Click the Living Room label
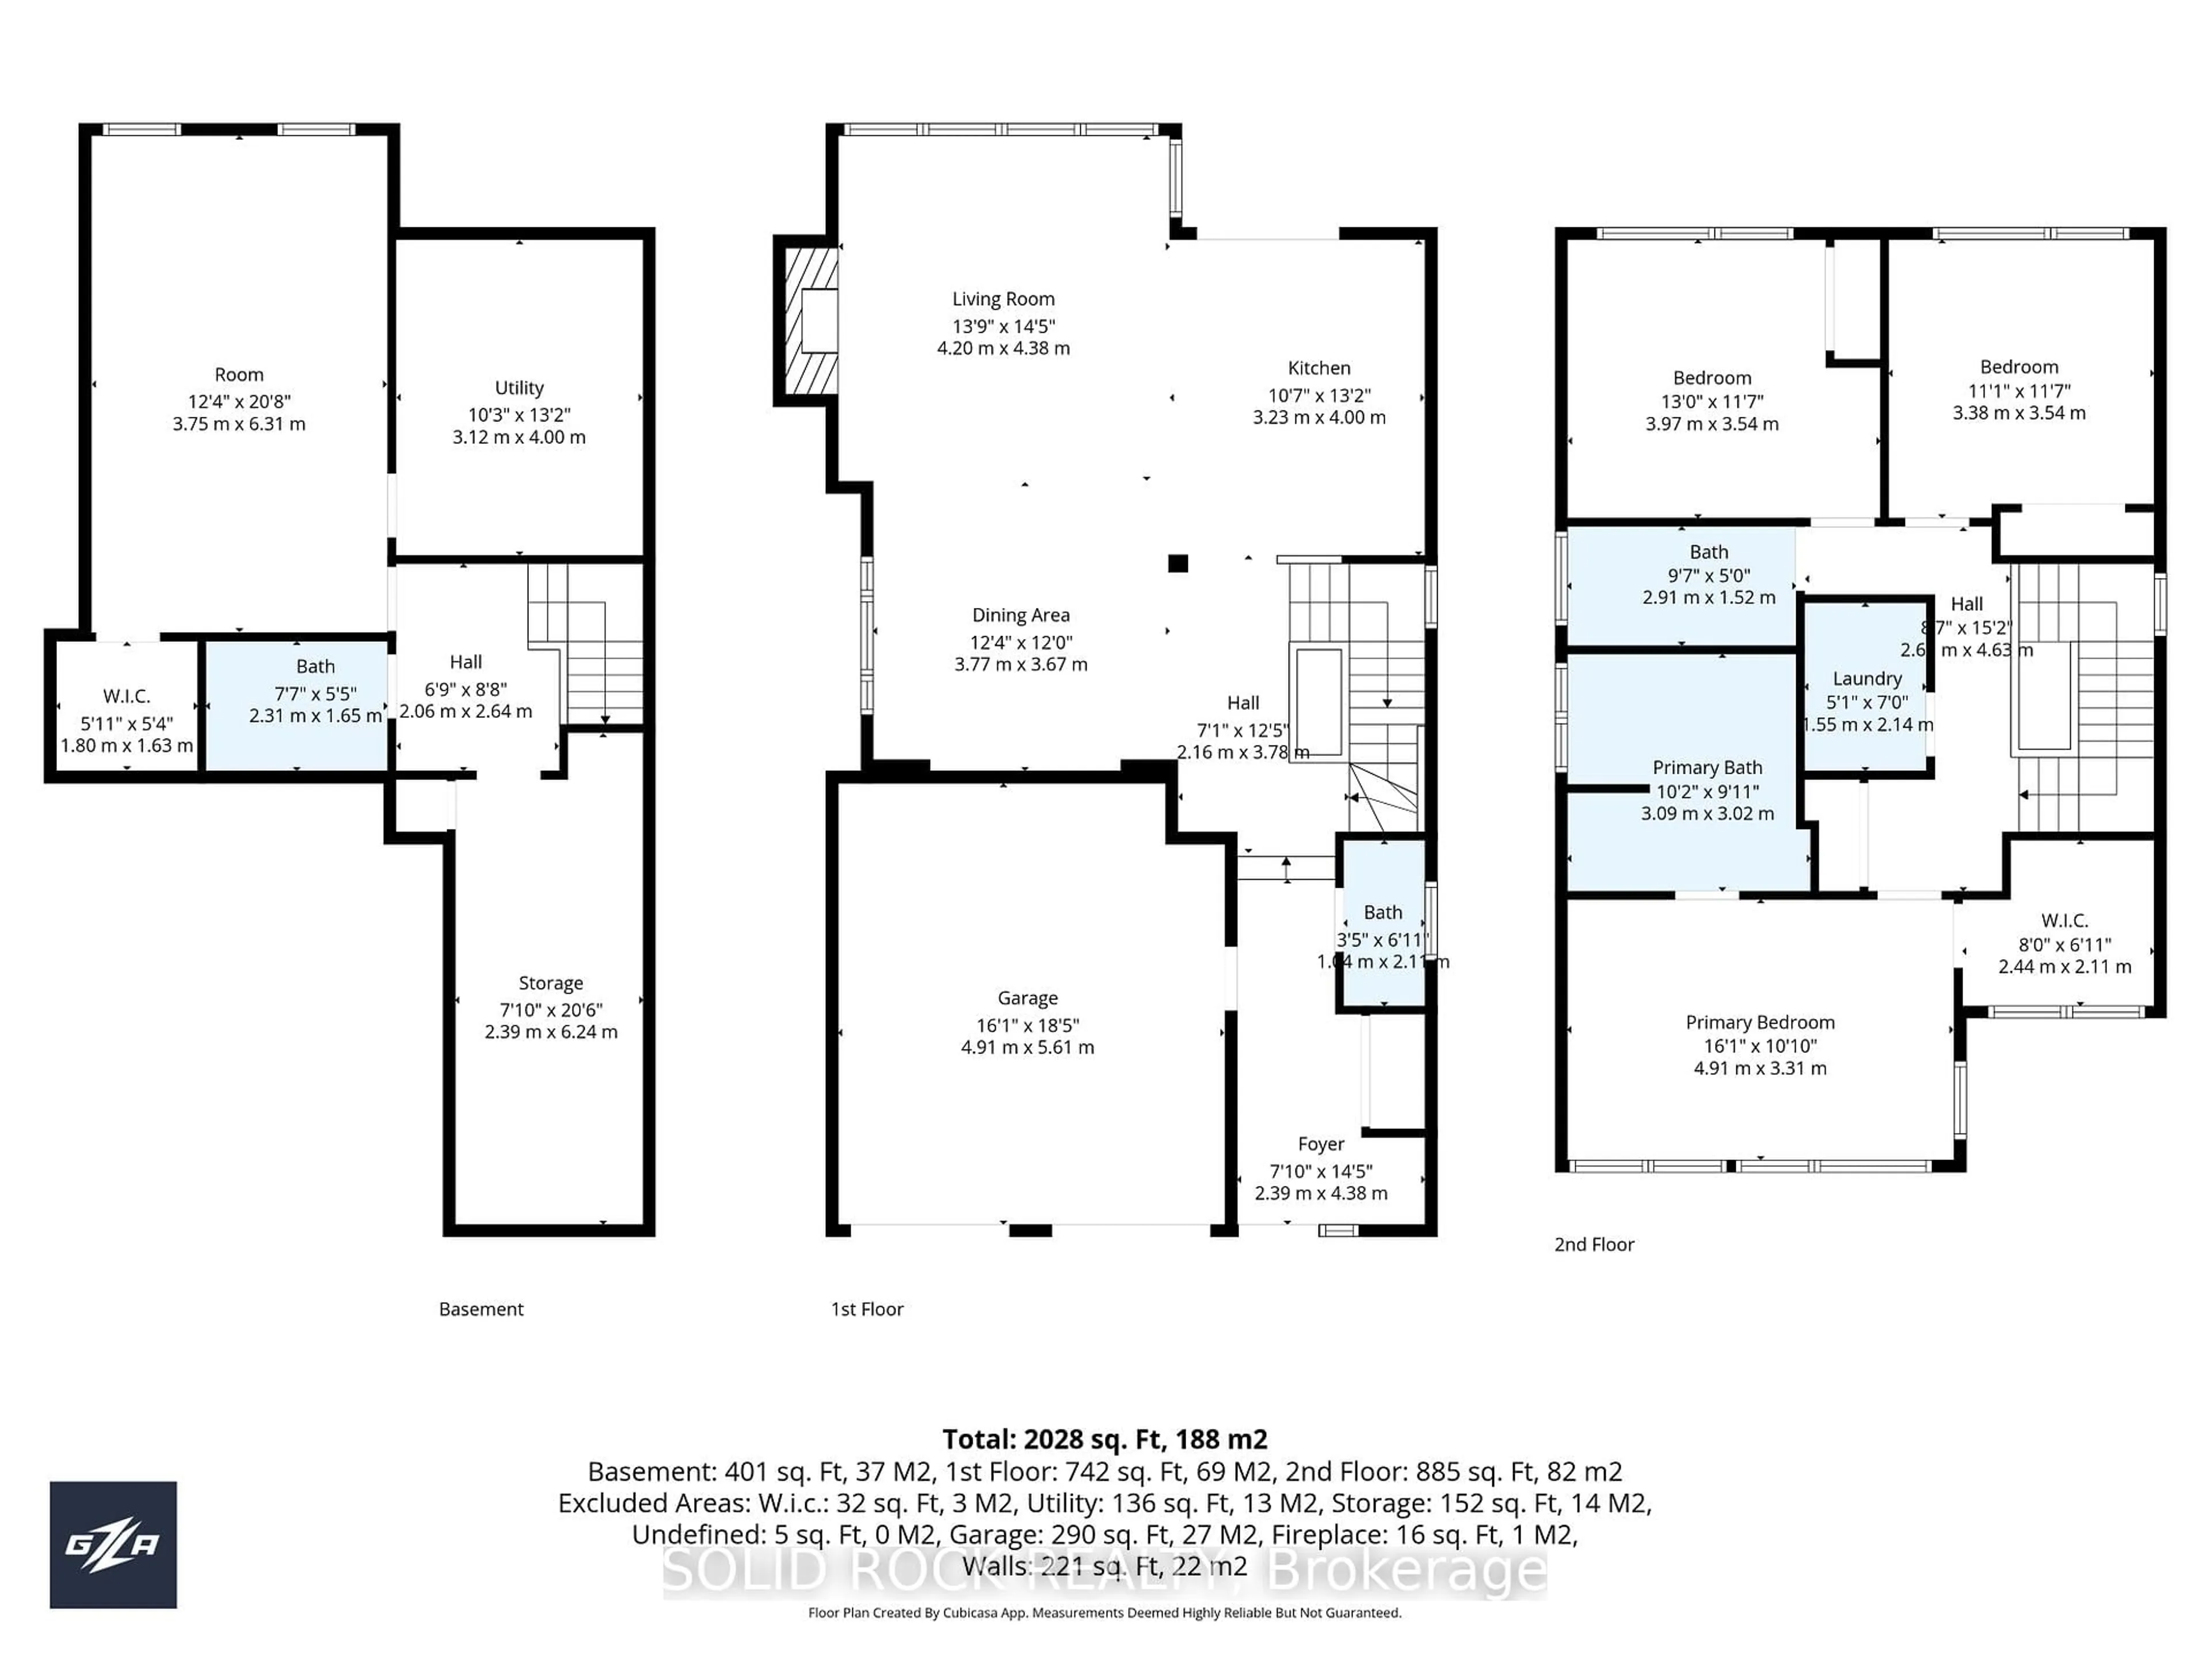[x=1003, y=299]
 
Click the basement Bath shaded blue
[x=298, y=705]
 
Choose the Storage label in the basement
[x=551, y=983]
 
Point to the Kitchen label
[x=1319, y=368]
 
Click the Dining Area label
[x=1020, y=615]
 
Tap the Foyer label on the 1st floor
[x=1321, y=1143]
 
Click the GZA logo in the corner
[x=113, y=1544]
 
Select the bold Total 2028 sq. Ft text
[x=1104, y=1439]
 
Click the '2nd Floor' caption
[x=1594, y=1244]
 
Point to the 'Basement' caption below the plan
[x=481, y=1309]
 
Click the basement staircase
[x=589, y=649]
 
